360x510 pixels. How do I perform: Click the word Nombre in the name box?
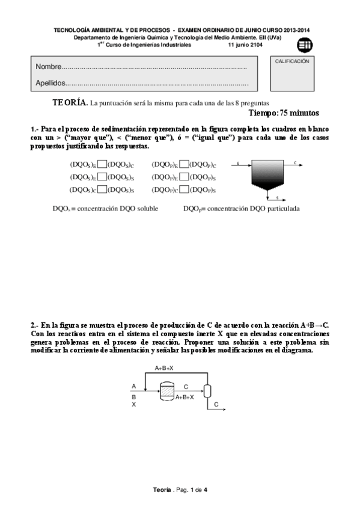point(49,66)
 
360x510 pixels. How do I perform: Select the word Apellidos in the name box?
point(50,83)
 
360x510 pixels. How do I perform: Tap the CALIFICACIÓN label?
point(292,61)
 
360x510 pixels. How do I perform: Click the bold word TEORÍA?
point(70,103)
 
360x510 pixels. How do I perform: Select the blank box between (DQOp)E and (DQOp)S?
point(185,177)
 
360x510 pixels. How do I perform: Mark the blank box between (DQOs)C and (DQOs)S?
point(102,189)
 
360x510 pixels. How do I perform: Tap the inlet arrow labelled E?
point(239,164)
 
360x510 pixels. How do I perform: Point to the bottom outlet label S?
point(276,197)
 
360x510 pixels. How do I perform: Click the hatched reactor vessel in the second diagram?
point(166,392)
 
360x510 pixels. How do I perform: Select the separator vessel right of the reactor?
point(207,391)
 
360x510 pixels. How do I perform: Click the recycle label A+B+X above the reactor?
point(164,367)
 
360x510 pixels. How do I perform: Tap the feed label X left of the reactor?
point(134,405)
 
